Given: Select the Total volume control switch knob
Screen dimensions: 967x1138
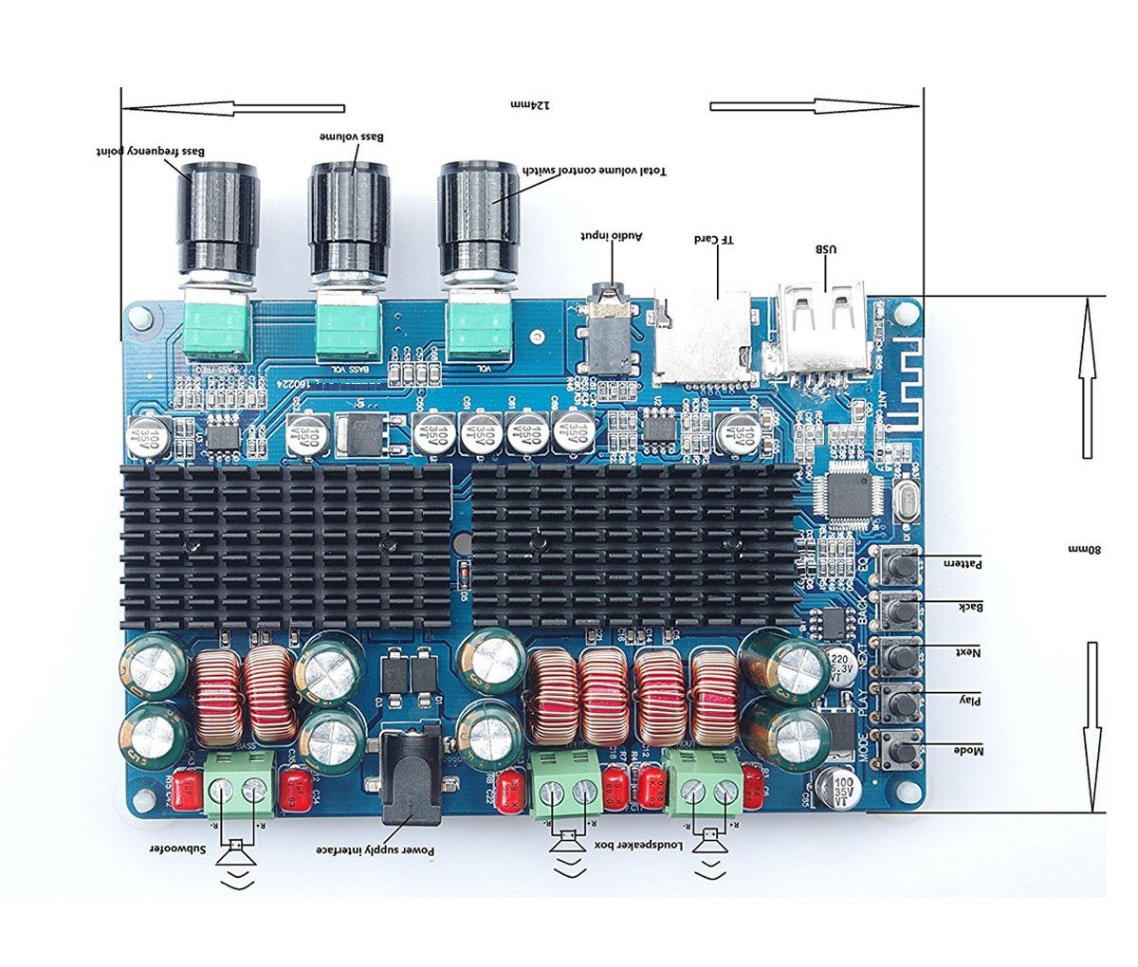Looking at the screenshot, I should (x=478, y=218).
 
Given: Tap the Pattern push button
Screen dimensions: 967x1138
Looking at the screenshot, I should (x=902, y=567).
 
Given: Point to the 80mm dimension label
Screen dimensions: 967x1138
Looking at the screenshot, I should (x=1085, y=550).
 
